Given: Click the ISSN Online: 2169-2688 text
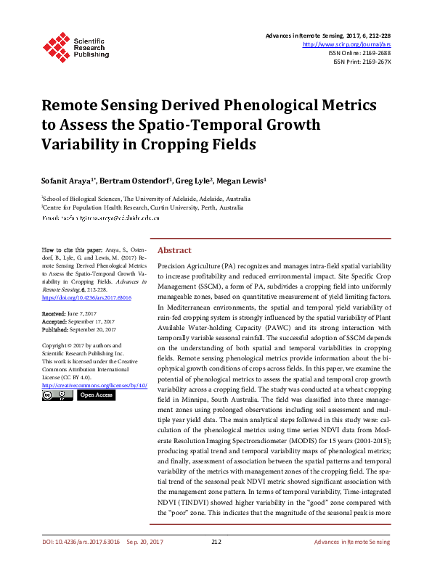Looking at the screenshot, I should [x=359, y=53].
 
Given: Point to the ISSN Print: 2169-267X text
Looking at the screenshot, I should [x=362, y=62].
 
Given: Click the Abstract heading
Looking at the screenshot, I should [x=174, y=250].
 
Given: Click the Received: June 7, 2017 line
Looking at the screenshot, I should [x=69, y=313].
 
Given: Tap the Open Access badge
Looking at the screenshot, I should [x=95, y=396].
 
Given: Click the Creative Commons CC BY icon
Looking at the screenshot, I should [x=57, y=396].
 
